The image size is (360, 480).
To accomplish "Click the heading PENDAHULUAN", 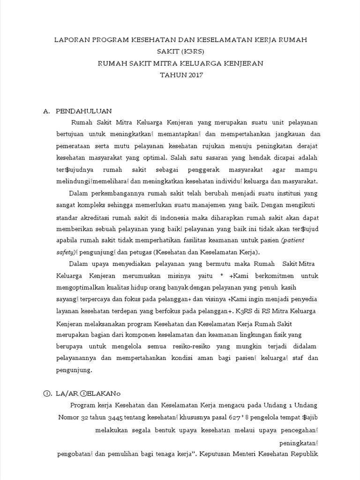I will pos(83,111).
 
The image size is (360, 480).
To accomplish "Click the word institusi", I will pos(269,193).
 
